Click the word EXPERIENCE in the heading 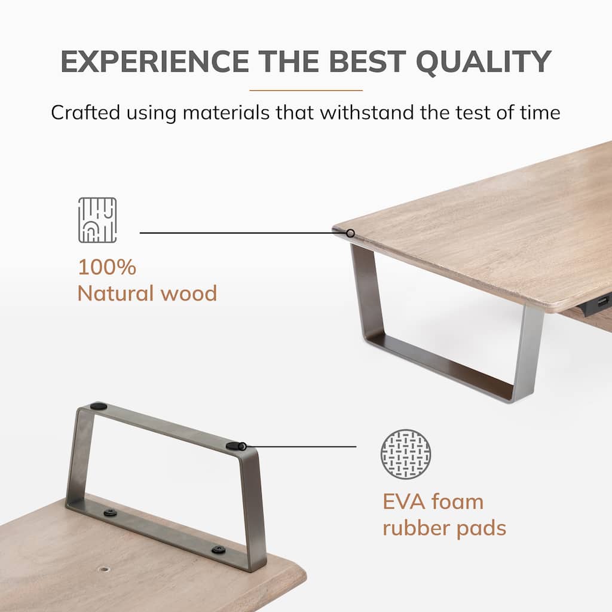pyautogui.click(x=155, y=62)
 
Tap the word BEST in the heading pyautogui.click(x=366, y=62)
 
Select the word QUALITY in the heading pyautogui.click(x=483, y=62)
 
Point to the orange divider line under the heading pyautogui.click(x=306, y=90)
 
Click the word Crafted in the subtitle pyautogui.click(x=85, y=112)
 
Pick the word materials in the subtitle pyautogui.click(x=225, y=112)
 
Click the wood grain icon pyautogui.click(x=97, y=220)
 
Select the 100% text pyautogui.click(x=108, y=267)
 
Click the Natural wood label pyautogui.click(x=147, y=293)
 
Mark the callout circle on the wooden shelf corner pyautogui.click(x=350, y=234)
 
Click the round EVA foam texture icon pyautogui.click(x=406, y=454)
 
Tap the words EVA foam pyautogui.click(x=433, y=502)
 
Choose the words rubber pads pyautogui.click(x=444, y=529)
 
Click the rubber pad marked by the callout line pyautogui.click(x=235, y=446)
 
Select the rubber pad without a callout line pyautogui.click(x=99, y=406)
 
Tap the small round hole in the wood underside pyautogui.click(x=104, y=569)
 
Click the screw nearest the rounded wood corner pyautogui.click(x=218, y=550)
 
